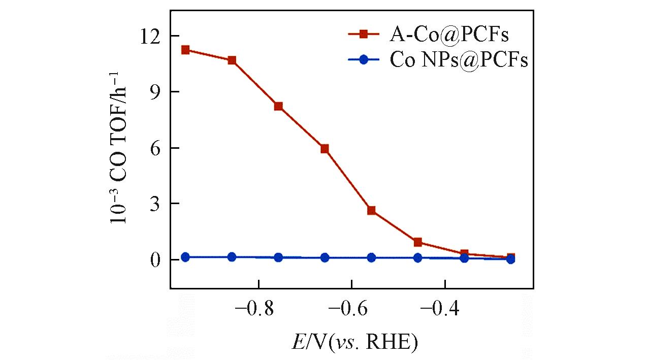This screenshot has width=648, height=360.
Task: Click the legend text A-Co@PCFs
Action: (449, 35)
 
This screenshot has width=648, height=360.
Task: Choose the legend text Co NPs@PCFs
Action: (459, 60)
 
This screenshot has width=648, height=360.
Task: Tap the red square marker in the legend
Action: (364, 34)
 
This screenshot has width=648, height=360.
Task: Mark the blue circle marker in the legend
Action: (364, 59)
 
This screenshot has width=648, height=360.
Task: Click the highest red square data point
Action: (185, 50)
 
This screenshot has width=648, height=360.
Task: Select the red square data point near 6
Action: (325, 149)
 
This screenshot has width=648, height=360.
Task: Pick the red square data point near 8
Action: (278, 106)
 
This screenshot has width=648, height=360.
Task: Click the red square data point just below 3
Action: (371, 210)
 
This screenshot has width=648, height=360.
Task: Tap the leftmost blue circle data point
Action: (185, 257)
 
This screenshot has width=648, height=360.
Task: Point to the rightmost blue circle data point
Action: (510, 259)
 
